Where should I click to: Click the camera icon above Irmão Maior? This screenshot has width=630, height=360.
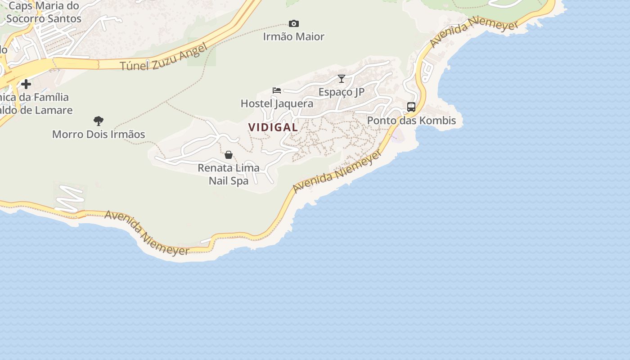click(294, 23)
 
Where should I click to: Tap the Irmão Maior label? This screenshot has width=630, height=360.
click(294, 36)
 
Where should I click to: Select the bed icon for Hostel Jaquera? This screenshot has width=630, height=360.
click(277, 90)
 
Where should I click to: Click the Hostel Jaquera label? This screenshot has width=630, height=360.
click(277, 103)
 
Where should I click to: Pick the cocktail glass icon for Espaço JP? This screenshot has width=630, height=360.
click(342, 79)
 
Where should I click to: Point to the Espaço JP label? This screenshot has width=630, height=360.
click(342, 92)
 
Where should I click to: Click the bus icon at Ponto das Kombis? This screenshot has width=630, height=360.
click(411, 107)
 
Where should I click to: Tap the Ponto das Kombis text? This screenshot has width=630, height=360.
click(411, 121)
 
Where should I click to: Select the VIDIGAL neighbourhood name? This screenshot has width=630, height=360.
click(273, 127)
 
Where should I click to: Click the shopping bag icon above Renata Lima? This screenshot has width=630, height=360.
click(229, 155)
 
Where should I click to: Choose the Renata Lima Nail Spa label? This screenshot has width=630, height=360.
click(229, 174)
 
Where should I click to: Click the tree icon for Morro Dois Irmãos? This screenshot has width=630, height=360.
click(99, 121)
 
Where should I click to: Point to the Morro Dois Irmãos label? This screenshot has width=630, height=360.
click(99, 134)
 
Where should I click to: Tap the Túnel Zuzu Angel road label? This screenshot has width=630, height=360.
click(164, 58)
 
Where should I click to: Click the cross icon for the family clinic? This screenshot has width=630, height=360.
click(26, 84)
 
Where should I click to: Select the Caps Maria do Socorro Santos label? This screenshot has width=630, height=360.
click(44, 12)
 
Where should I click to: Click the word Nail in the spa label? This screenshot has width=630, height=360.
click(219, 181)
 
